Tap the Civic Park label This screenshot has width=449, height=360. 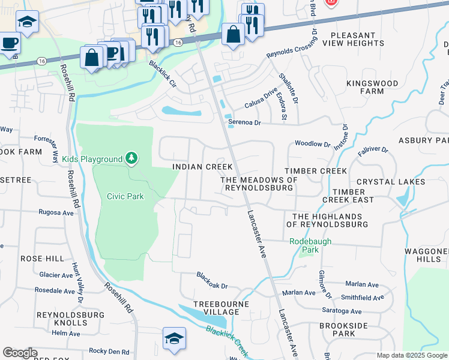click(x=125, y=196)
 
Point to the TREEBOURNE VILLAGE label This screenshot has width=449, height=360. click(x=220, y=308)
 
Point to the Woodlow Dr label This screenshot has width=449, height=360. click(x=312, y=145)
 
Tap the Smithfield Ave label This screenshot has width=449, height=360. click(x=362, y=297)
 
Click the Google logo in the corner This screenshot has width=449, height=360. click(x=20, y=353)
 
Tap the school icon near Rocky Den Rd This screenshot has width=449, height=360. click(x=174, y=338)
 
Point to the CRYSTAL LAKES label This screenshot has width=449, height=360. click(x=390, y=182)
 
